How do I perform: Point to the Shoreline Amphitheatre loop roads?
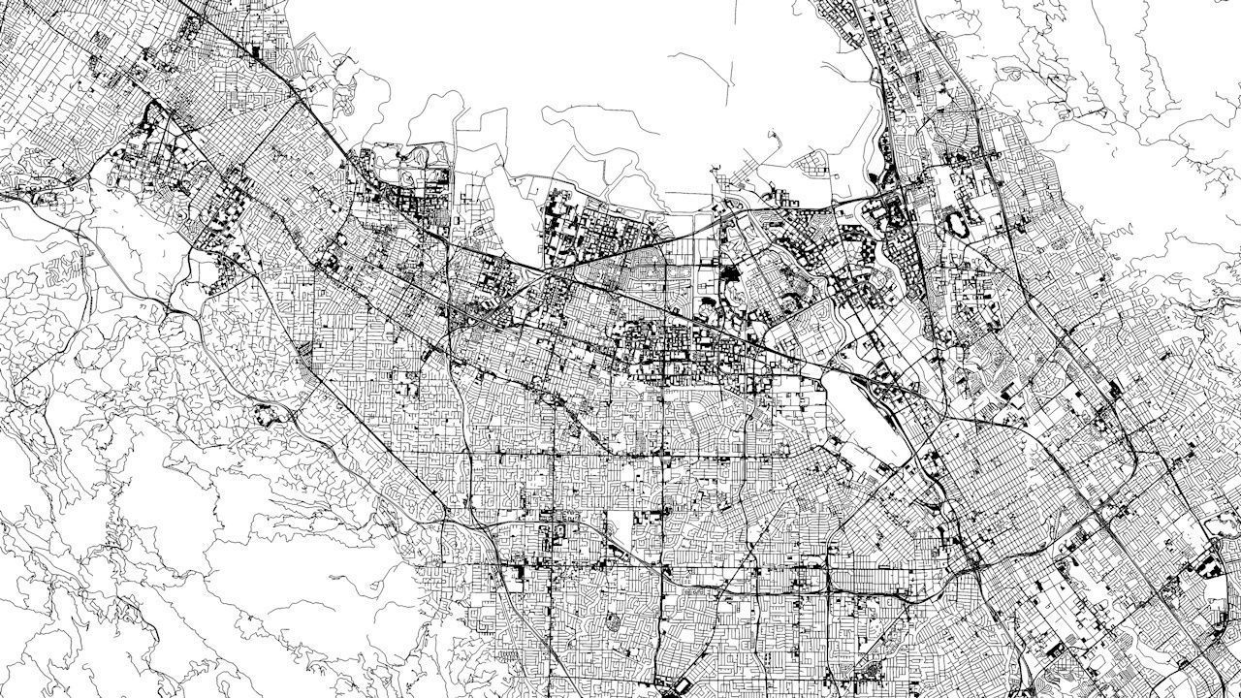tap(419, 155)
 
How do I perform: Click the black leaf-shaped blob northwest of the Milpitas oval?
tap(884, 155)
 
